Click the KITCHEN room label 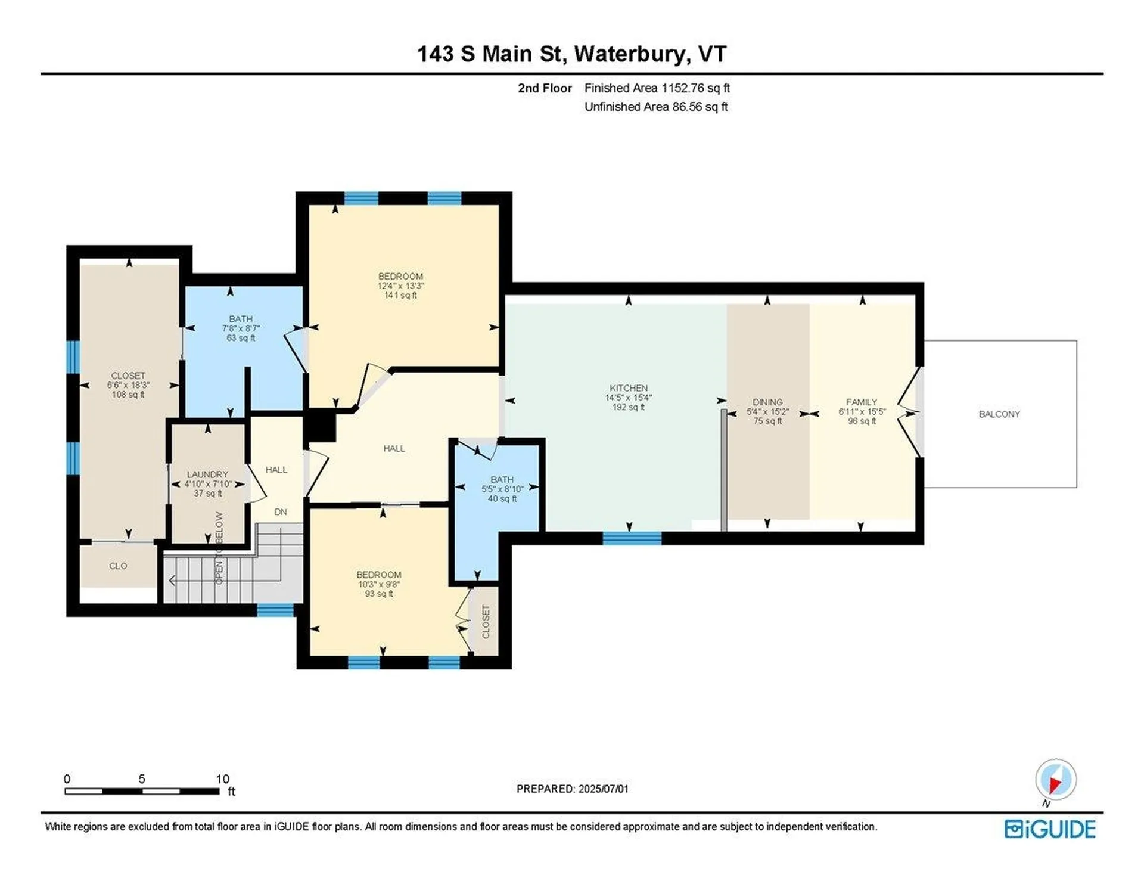coord(628,388)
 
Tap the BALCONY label coord(999,414)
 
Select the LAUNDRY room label coord(207,474)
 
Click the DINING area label coord(767,402)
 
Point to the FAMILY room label coord(862,402)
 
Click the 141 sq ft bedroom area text coord(400,296)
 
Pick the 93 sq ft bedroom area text coord(379,594)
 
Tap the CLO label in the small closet coord(118,566)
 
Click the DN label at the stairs coord(281,512)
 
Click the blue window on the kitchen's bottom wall coord(632,539)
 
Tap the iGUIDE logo coord(1050,829)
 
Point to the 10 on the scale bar coord(222,779)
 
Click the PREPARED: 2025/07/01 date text coord(572,789)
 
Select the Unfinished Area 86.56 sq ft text coord(656,107)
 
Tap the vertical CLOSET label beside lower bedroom coord(486,622)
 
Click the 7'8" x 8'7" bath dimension coord(241,328)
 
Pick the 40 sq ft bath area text coord(502,499)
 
